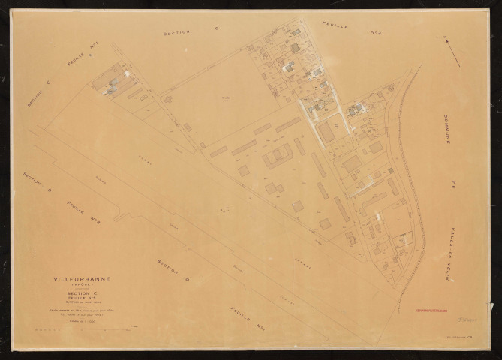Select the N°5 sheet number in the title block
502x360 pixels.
[x=79, y=298]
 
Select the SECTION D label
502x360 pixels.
[x=172, y=274]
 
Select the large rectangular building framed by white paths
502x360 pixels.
[x=326, y=133]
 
